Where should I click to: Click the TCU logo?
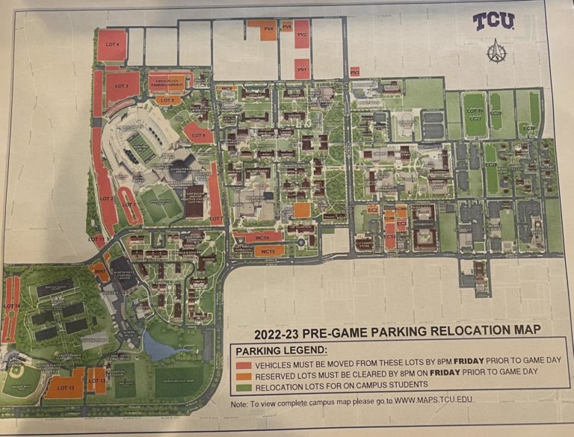click(493, 21)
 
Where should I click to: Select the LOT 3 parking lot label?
click(122, 87)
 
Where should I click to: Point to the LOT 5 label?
click(168, 100)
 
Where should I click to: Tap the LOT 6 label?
click(198, 136)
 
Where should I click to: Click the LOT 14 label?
click(10, 306)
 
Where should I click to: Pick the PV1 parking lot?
click(302, 71)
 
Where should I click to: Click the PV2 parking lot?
click(302, 34)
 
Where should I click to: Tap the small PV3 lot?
click(354, 72)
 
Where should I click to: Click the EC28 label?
click(492, 164)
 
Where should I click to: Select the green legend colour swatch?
click(244, 384)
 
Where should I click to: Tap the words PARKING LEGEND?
click(282, 350)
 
